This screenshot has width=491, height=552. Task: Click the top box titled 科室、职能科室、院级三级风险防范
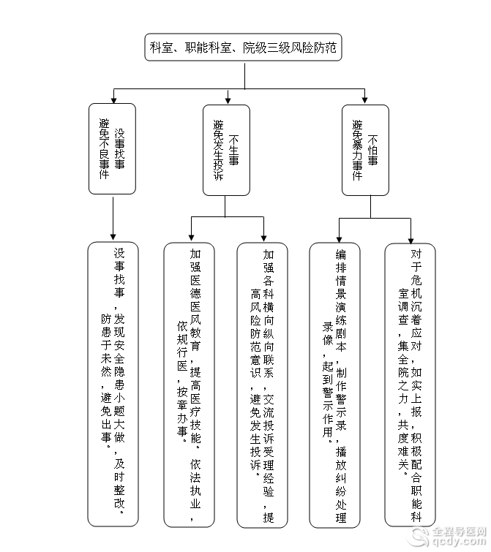tap(243, 48)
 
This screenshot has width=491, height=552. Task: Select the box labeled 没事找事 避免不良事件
tap(112, 148)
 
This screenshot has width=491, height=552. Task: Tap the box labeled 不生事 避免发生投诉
tap(226, 150)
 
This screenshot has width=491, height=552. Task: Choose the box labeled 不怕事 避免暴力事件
tap(365, 150)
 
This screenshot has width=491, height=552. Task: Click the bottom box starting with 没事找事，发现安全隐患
tap(113, 384)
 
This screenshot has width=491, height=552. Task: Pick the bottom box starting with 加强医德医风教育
tap(189, 385)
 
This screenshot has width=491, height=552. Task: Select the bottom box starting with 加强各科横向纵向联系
tap(262, 385)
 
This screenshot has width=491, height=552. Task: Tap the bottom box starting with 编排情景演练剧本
tap(334, 385)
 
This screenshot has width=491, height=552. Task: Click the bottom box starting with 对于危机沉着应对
tap(410, 385)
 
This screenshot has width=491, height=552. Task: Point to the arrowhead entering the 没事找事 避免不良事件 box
tap(113, 100)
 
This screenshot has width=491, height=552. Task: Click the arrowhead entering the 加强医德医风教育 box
tap(191, 238)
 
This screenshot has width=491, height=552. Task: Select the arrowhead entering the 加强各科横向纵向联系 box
tap(264, 238)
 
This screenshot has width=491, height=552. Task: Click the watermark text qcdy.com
tap(459, 541)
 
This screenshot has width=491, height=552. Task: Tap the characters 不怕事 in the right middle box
tap(372, 150)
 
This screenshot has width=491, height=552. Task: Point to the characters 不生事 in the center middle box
tap(233, 150)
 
